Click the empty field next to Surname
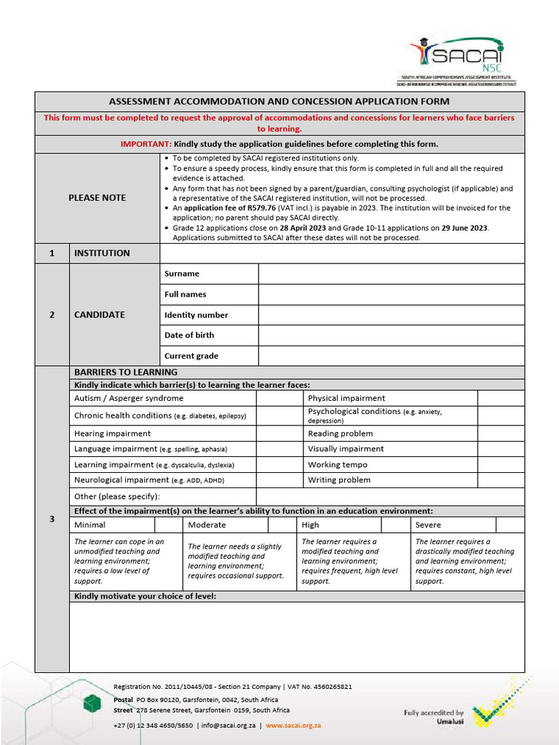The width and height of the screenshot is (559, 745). pyautogui.click(x=391, y=274)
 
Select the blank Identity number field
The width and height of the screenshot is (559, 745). pyautogui.click(x=391, y=315)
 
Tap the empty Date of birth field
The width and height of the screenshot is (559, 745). pyautogui.click(x=391, y=335)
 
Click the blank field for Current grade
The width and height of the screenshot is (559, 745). pyautogui.click(x=391, y=356)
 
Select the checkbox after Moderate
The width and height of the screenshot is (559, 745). pyautogui.click(x=282, y=525)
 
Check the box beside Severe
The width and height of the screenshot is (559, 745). pyautogui.click(x=510, y=525)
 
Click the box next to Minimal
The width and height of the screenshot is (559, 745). pyautogui.click(x=168, y=525)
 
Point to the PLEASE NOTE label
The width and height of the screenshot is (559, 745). pyautogui.click(x=97, y=198)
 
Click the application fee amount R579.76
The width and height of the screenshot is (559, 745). pyautogui.click(x=261, y=207)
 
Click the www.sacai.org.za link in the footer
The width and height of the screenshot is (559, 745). pyautogui.click(x=293, y=725)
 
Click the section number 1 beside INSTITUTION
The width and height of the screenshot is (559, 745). pyautogui.click(x=52, y=253)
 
